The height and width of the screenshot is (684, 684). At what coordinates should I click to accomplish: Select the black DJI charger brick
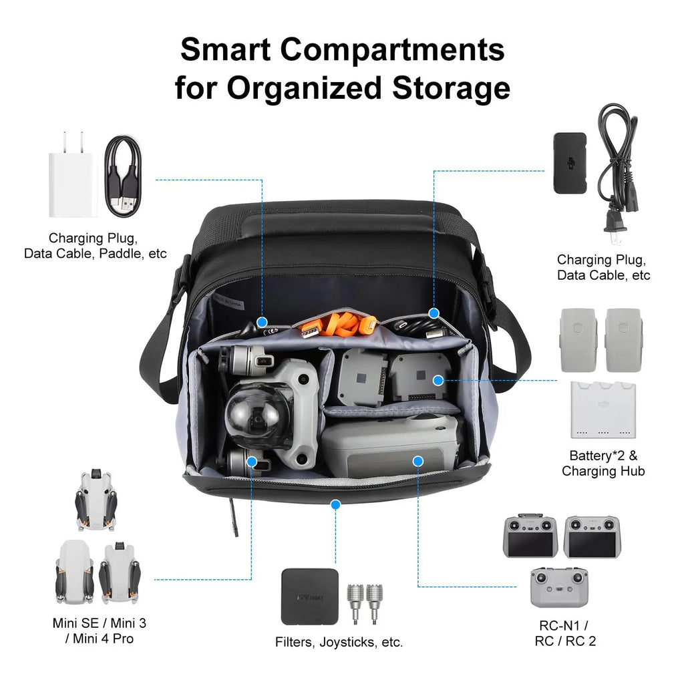click(x=569, y=163)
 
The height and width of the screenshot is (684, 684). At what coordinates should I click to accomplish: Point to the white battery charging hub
click(x=603, y=409)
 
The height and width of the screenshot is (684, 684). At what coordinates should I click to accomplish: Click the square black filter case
click(x=309, y=596)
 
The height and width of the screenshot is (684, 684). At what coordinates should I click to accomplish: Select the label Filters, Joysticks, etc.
click(x=339, y=642)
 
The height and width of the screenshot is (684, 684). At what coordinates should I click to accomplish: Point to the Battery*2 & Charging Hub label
click(x=603, y=464)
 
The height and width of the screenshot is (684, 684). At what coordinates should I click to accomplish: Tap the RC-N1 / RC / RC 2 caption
click(x=565, y=633)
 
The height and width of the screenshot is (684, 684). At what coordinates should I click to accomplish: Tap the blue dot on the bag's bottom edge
click(x=336, y=504)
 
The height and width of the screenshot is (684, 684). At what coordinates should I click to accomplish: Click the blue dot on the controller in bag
click(x=418, y=461)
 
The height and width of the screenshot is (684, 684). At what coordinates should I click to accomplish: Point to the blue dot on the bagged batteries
click(x=438, y=380)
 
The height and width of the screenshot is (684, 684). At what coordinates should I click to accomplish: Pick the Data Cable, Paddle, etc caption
click(x=96, y=253)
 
